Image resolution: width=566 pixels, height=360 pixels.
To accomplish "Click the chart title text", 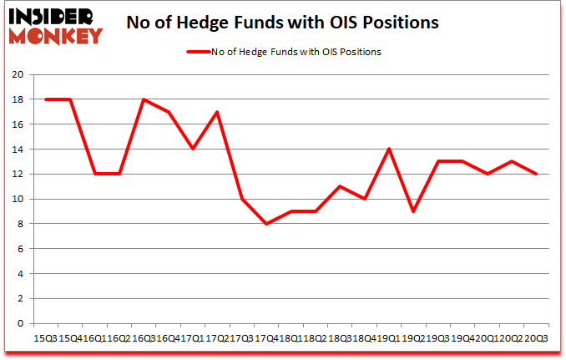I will [282, 23].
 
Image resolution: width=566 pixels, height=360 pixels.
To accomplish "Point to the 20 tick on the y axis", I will [18, 74].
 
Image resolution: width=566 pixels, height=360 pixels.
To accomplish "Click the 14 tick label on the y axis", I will [18, 149].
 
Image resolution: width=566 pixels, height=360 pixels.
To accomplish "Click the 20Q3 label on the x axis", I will [535, 338].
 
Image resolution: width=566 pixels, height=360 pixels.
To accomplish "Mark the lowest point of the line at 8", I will [266, 224].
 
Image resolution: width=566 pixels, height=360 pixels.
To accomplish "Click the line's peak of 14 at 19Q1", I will [389, 149].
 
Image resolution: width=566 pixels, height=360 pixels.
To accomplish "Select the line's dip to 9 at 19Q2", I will [413, 211].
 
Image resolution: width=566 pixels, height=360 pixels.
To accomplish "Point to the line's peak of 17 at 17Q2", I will [217, 112].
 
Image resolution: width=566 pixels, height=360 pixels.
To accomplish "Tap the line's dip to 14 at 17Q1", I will [193, 149].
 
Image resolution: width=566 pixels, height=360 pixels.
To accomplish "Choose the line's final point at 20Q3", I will [536, 174].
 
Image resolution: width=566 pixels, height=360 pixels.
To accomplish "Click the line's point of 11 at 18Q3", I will [340, 186].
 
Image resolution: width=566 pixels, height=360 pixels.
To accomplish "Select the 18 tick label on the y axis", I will [18, 99].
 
